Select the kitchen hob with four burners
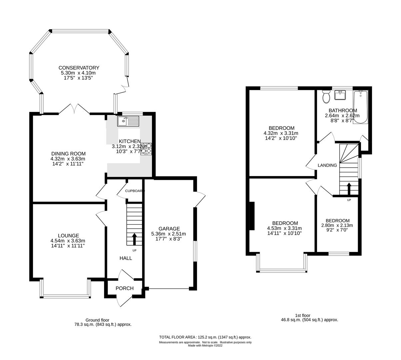(x=146, y=149)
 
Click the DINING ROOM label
(x=66, y=154)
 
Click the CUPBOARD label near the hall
(x=135, y=191)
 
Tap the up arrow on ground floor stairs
(x=134, y=239)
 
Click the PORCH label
(x=125, y=288)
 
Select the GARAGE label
(x=169, y=229)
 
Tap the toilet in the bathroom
(x=326, y=98)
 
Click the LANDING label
(x=327, y=165)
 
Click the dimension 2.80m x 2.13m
(x=337, y=225)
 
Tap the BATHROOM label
(x=343, y=111)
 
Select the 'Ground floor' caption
(x=97, y=320)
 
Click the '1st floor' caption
(x=303, y=315)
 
